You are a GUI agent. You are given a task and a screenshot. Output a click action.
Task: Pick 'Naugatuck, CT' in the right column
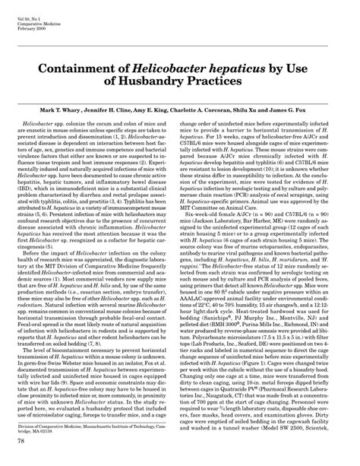(x=226, y=405)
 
